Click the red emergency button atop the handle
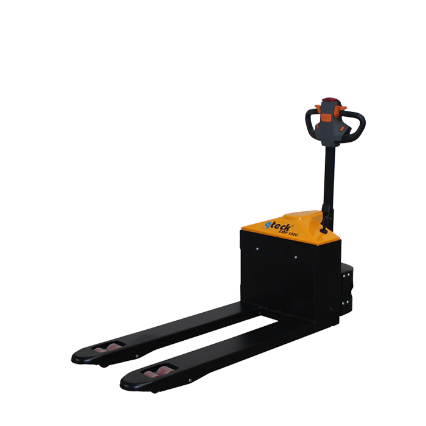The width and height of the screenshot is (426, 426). click(x=330, y=100)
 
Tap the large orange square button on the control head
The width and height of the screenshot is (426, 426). click(x=326, y=117)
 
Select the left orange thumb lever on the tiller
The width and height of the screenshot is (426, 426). click(x=318, y=108)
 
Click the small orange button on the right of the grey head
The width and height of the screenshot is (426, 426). click(x=342, y=129)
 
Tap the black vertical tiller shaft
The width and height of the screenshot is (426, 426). click(x=329, y=185)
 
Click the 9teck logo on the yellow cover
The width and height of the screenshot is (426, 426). click(x=278, y=226)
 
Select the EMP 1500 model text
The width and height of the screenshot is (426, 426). click(x=288, y=233)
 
